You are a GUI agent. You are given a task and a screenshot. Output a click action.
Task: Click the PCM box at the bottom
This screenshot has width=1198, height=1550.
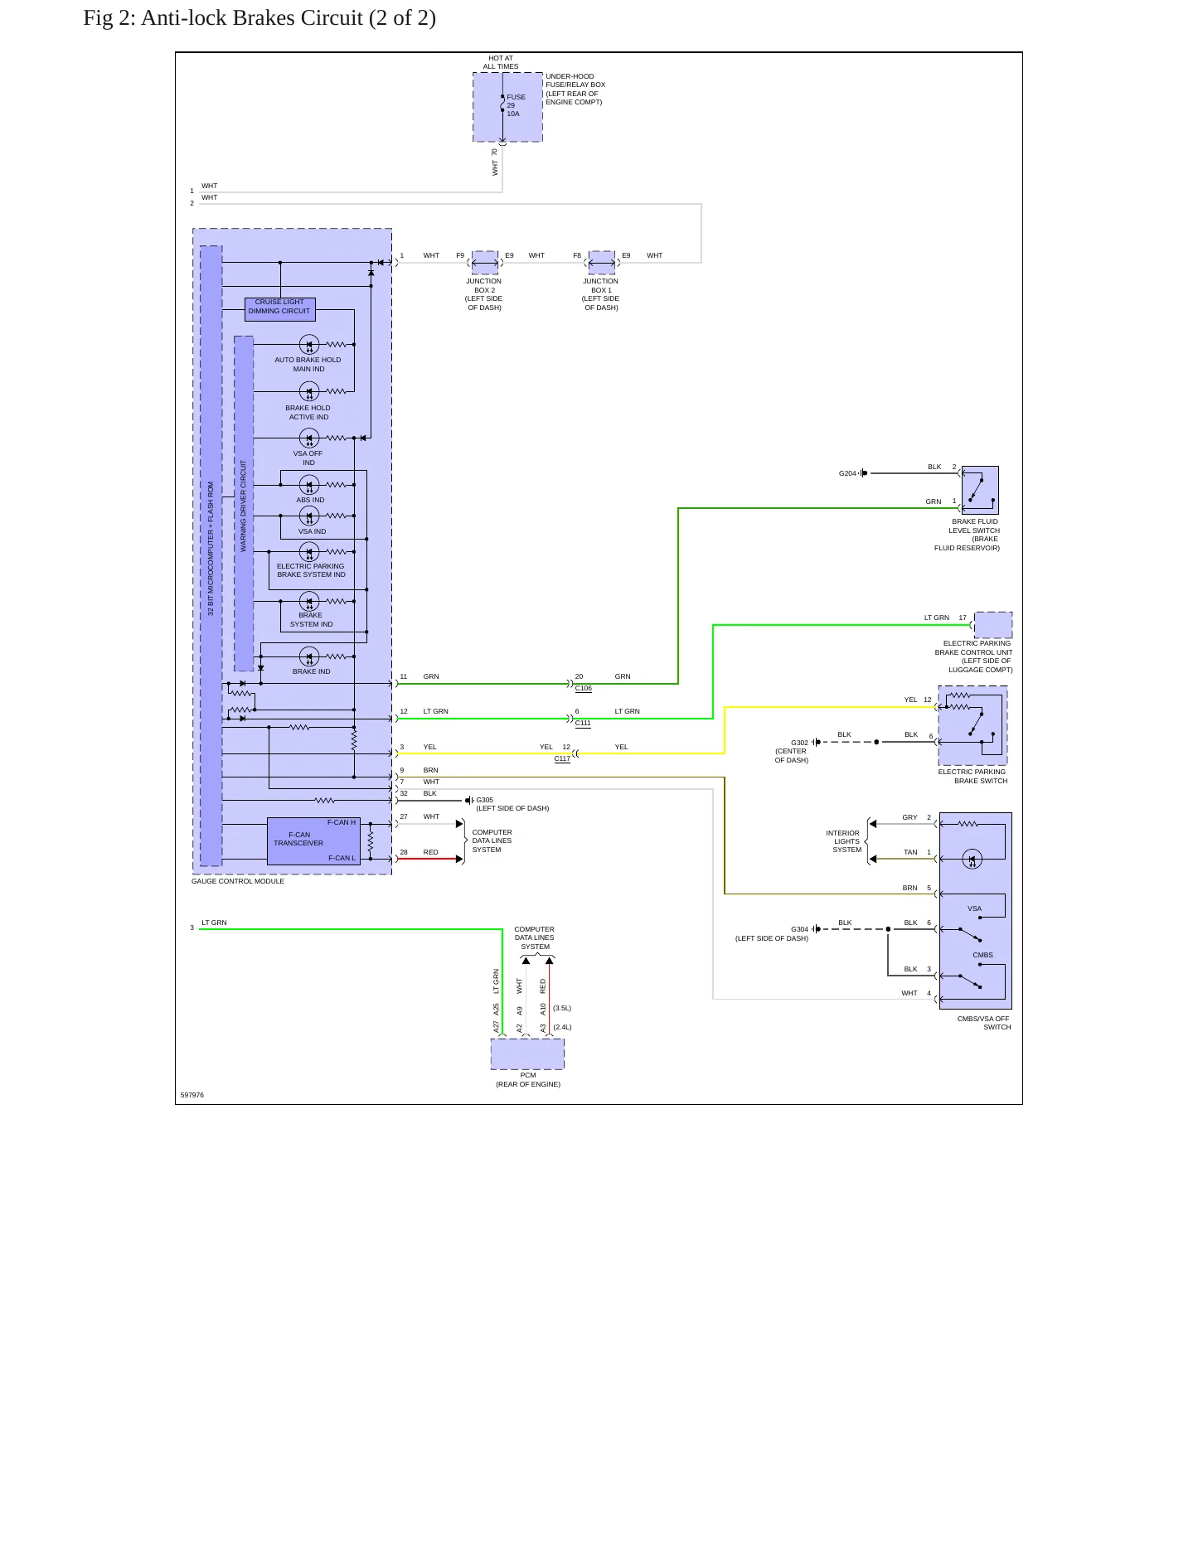pos(527,1054)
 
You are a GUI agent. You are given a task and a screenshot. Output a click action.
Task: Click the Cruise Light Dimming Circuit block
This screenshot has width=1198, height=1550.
pos(280,309)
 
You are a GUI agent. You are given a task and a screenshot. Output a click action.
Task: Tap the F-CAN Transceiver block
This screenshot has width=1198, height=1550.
pos(313,841)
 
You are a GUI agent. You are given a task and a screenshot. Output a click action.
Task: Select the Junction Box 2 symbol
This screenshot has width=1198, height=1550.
pos(485,263)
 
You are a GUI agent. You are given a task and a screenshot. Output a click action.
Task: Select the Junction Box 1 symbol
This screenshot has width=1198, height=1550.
pos(602,263)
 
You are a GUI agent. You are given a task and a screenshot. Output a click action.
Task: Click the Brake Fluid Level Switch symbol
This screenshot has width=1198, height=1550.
pos(980,490)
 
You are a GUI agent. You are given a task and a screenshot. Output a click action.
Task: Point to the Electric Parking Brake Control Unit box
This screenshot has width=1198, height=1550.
pos(993,625)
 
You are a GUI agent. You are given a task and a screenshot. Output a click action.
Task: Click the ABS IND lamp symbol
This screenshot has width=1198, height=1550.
pos(309,485)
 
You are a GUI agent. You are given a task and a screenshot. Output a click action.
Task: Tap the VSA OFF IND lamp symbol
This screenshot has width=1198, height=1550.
pos(309,438)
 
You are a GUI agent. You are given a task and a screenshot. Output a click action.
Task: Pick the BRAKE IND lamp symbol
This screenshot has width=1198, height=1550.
pos(309,656)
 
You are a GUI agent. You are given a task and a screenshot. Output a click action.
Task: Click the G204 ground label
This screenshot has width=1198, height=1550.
pos(847,473)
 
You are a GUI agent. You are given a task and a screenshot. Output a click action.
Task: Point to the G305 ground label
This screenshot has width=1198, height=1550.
pos(485,800)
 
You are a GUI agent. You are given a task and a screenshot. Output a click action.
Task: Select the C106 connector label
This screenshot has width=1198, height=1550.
pos(584,688)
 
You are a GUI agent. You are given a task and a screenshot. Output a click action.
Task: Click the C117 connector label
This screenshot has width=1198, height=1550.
pos(562,758)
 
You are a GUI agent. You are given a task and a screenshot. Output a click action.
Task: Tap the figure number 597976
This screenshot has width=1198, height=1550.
pos(192,1095)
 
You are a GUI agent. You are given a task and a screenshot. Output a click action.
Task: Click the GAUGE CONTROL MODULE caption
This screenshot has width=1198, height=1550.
pos(238,881)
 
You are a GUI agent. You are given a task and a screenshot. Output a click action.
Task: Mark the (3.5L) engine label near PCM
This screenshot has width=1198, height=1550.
pos(562,1008)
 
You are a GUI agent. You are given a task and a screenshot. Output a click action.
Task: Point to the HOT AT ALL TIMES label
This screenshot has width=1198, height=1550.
pos(501,62)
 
